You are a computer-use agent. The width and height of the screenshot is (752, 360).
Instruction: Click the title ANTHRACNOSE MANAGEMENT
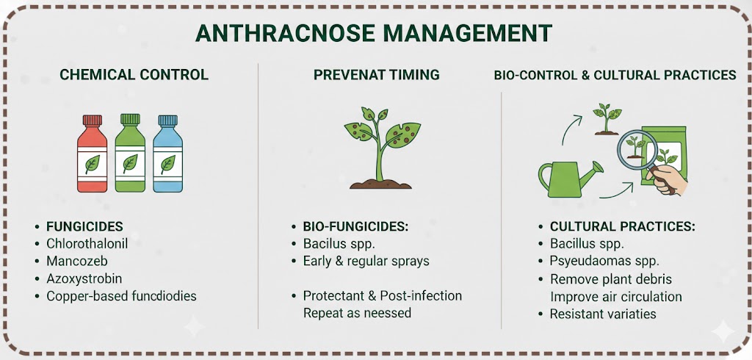coord(374,33)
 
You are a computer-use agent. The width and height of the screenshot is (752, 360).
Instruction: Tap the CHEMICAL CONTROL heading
coord(134,74)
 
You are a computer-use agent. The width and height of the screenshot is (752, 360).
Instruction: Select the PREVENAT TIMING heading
coord(377,74)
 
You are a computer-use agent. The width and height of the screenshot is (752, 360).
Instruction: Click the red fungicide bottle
coord(92,154)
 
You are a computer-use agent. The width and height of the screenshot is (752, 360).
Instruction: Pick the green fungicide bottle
coord(130,153)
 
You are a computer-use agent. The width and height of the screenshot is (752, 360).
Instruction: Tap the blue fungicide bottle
coord(168,154)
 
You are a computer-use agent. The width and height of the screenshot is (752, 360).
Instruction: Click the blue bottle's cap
coord(168,120)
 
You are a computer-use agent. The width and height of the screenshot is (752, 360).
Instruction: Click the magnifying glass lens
coord(637,148)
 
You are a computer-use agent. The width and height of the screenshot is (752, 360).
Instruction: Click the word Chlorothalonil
coord(87,243)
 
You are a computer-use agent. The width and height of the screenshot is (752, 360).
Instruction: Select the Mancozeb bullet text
coord(76,261)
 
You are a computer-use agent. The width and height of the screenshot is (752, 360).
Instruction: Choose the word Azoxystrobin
coord(84,279)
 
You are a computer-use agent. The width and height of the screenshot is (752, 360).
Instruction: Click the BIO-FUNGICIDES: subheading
coord(355,226)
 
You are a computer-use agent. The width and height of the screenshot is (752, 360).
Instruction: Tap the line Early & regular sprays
coord(366,262)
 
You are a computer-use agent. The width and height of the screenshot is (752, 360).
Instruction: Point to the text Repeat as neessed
coord(357,313)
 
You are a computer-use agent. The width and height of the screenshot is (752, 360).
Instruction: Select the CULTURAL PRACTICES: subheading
coord(622,226)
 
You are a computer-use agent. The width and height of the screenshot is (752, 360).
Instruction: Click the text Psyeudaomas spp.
coord(604,262)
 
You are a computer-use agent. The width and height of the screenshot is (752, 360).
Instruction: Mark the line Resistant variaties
coord(603,314)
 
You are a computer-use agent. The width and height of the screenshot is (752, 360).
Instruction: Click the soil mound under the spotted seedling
coord(381,184)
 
